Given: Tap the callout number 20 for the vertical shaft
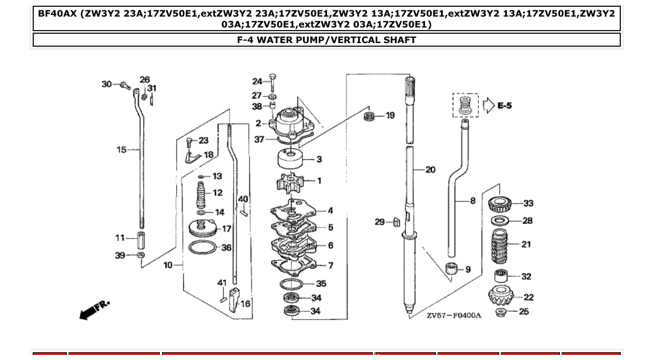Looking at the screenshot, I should (430, 170).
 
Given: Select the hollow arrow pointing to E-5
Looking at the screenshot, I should (488, 106).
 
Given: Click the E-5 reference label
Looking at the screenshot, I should (505, 106).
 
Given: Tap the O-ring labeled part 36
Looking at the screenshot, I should (201, 247).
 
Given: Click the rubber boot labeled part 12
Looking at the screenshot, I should (202, 195).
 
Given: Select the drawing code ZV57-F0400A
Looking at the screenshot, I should (454, 315).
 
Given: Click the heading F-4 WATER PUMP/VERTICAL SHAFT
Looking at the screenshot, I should (326, 40).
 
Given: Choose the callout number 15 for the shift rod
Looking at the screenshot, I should (121, 150).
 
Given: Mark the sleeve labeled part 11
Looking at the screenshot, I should (141, 241).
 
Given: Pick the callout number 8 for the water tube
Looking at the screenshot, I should (472, 200).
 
